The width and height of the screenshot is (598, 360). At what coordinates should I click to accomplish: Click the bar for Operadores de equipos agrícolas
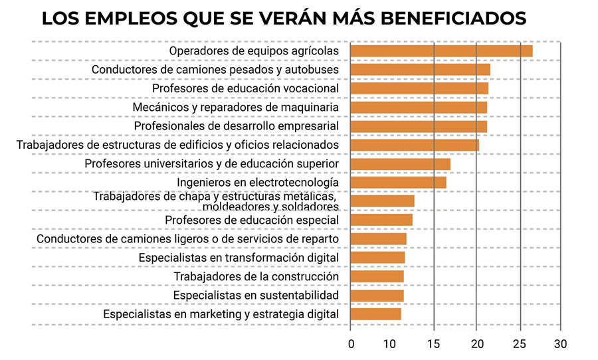[441, 51]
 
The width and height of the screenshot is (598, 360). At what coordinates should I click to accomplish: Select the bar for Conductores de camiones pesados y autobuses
[420, 70]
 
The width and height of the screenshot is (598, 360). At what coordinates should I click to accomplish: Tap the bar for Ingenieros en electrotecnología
[398, 183]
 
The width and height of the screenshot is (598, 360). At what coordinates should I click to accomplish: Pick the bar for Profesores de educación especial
[381, 220]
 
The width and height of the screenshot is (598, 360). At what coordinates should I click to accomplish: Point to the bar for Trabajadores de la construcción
[377, 276]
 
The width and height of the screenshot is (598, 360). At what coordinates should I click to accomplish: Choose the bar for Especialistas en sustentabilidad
[377, 296]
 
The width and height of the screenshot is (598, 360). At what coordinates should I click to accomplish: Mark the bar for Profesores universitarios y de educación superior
[400, 164]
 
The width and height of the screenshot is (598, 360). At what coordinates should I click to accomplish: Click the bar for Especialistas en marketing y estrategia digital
[375, 314]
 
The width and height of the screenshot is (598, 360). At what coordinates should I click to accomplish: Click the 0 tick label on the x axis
[351, 344]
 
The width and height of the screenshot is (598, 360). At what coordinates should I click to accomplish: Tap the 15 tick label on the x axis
[434, 344]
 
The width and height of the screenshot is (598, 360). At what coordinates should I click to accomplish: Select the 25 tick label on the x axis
[519, 344]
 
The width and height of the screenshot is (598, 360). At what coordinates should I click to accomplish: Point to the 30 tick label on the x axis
[561, 344]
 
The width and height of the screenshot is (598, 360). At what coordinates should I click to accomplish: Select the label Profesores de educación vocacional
[246, 88]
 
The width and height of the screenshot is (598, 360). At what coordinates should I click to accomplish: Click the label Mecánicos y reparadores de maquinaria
[236, 107]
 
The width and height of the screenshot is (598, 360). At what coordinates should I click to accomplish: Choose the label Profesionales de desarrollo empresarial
[237, 126]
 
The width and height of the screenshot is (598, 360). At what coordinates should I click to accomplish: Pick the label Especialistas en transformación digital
[239, 258]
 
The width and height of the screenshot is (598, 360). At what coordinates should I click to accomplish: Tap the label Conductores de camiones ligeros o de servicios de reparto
[188, 239]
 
